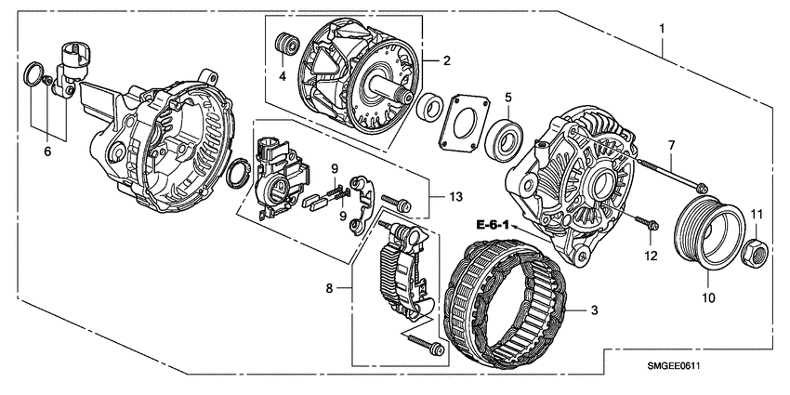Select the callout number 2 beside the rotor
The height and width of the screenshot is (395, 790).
coord(447,61)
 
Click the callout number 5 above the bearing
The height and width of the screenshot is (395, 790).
coord(508,97)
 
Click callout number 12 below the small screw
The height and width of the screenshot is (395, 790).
coord(652,255)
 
